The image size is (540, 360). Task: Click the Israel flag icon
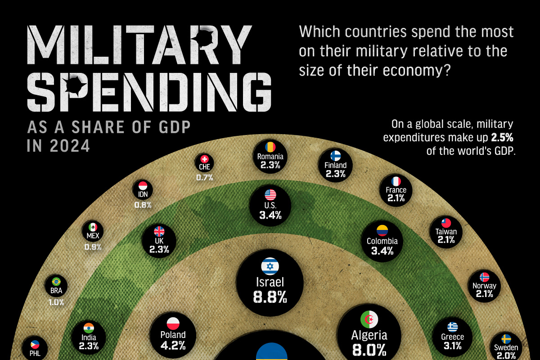[x=270, y=266]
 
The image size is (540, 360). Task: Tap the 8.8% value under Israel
[x=270, y=297]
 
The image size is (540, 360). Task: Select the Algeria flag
[x=369, y=319]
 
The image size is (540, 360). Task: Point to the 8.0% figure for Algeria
[x=369, y=349]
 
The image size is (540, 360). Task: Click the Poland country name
[x=173, y=335]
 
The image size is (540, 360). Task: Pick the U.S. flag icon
[x=270, y=195]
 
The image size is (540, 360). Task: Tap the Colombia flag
[x=382, y=231]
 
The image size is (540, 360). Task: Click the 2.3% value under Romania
[x=270, y=165]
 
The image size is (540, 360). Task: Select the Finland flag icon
[x=335, y=156]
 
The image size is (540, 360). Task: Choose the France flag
[x=396, y=181]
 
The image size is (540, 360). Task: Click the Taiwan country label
[x=446, y=232]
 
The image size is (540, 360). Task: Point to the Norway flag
[x=484, y=277]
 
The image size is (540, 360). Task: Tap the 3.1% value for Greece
[x=452, y=346]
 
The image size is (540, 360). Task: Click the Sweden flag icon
[x=506, y=338]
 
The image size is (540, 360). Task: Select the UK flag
[x=159, y=231]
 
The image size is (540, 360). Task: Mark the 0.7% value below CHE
[x=204, y=177]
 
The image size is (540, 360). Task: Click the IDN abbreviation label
[x=143, y=194]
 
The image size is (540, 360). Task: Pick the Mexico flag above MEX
[x=93, y=227]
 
